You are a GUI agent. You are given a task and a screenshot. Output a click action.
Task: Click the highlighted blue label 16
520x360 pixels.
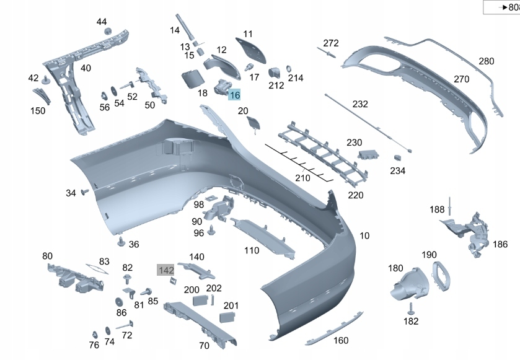(234, 95)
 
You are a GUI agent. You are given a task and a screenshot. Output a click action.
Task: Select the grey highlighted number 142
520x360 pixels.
(165, 270)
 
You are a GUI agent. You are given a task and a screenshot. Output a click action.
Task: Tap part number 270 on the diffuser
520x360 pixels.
(461, 79)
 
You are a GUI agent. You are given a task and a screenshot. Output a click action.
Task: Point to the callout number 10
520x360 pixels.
(364, 235)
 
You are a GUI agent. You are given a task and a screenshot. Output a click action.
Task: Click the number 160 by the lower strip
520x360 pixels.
(341, 340)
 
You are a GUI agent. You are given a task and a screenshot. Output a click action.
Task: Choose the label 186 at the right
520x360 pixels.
(500, 244)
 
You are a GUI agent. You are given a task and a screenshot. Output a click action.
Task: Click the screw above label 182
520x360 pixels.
(410, 307)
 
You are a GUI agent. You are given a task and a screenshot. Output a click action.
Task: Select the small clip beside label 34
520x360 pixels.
(84, 193)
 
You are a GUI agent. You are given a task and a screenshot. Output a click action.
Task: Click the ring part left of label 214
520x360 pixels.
(289, 67)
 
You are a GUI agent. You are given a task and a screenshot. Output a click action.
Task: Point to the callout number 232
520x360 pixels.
(360, 105)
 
